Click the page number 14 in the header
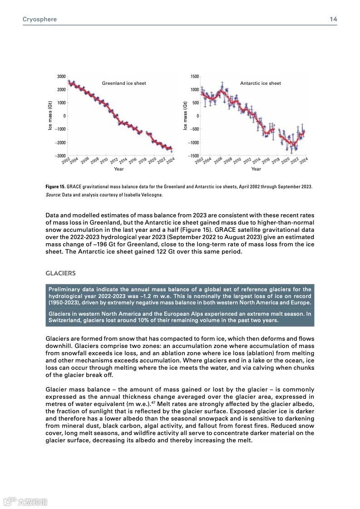pyautogui.click(x=333, y=20)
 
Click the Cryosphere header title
pyautogui.click(x=39, y=20)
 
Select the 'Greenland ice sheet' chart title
pyautogui.click(x=124, y=83)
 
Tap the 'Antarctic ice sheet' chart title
pyautogui.click(x=261, y=83)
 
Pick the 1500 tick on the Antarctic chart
pyautogui.click(x=194, y=77)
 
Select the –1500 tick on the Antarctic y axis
pyautogui.click(x=193, y=156)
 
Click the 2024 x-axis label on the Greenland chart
pyautogui.click(x=171, y=160)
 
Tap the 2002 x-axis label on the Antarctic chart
pyautogui.click(x=198, y=160)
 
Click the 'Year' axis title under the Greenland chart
pyautogui.click(x=118, y=169)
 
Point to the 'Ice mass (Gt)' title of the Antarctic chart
pyautogui.click(x=185, y=116)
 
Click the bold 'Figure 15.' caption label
pyautogui.click(x=56, y=187)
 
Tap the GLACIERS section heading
pyautogui.click(x=60, y=274)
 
